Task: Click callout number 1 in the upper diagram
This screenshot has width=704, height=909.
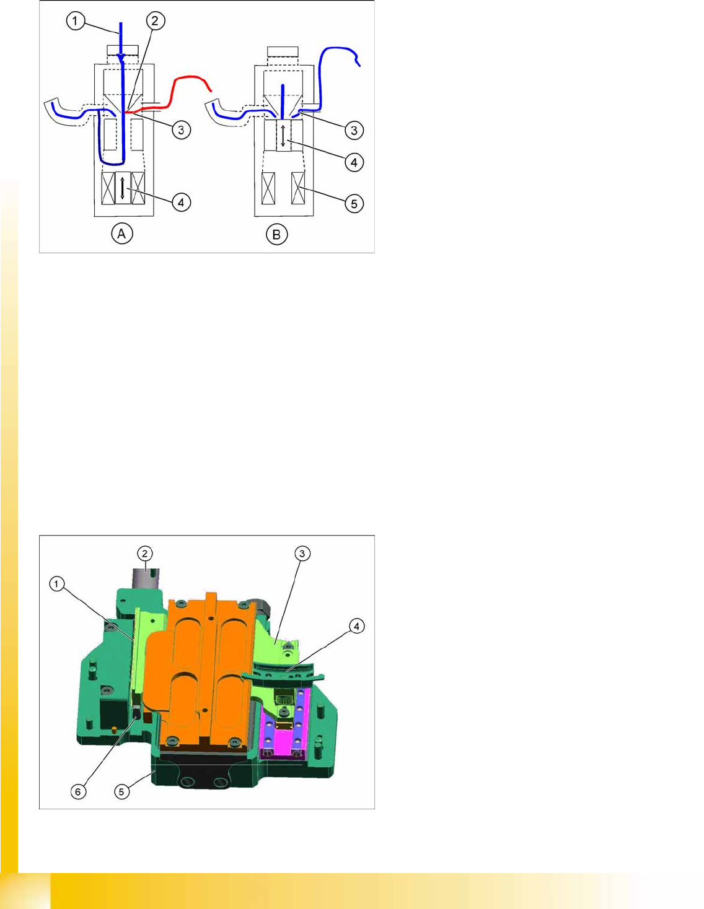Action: pyautogui.click(x=76, y=20)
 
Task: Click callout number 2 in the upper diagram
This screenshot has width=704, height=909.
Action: pyautogui.click(x=156, y=20)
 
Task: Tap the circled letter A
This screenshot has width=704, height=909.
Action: pyautogui.click(x=122, y=234)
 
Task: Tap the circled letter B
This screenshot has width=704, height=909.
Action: pyautogui.click(x=276, y=234)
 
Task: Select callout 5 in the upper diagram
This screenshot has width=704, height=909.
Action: pyautogui.click(x=354, y=204)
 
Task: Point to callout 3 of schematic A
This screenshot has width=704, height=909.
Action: pyautogui.click(x=181, y=130)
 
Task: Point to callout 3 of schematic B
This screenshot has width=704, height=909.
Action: pyautogui.click(x=354, y=130)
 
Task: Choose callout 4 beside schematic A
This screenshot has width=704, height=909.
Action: pyautogui.click(x=181, y=202)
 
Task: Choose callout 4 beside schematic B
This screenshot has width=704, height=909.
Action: pyautogui.click(x=354, y=162)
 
